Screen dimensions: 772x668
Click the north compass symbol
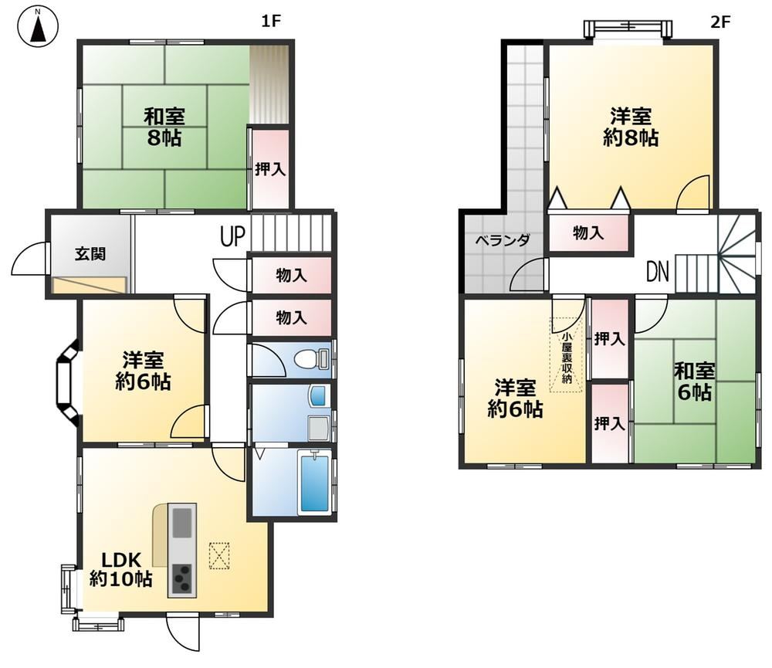coord(37,27)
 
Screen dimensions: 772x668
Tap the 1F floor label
coord(270,21)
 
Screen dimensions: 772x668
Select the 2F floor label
coord(720,22)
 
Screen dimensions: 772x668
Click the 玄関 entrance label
coord(90,254)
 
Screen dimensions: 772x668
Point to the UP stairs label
coord(232,236)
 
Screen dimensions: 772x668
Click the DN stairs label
coord(658,271)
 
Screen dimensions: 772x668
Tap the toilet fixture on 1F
coord(312,358)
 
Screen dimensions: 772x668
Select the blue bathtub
coord(315,483)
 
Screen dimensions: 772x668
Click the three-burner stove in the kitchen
coord(182,579)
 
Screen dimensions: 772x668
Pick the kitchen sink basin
coord(182,523)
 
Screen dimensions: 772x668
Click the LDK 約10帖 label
coord(120,569)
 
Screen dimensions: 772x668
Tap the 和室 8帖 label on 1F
coord(164,127)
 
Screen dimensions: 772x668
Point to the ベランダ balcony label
coord(503,240)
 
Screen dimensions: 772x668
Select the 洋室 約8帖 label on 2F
coord(631,127)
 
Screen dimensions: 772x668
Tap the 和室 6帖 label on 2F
coord(694,381)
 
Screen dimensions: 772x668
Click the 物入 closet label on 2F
coord(588,232)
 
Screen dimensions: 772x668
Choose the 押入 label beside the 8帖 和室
coord(269,169)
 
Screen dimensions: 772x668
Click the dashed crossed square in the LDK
coord(219,555)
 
